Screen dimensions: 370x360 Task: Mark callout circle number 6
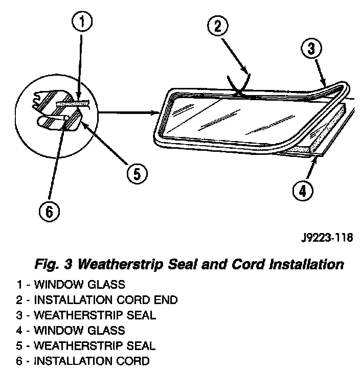click(x=49, y=211)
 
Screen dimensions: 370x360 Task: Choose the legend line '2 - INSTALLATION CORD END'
click(x=97, y=300)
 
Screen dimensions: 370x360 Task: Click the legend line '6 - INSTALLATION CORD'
click(x=83, y=362)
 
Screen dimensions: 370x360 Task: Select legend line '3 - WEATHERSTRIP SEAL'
click(x=86, y=316)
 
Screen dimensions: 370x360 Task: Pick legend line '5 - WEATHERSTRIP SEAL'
click(x=86, y=346)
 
